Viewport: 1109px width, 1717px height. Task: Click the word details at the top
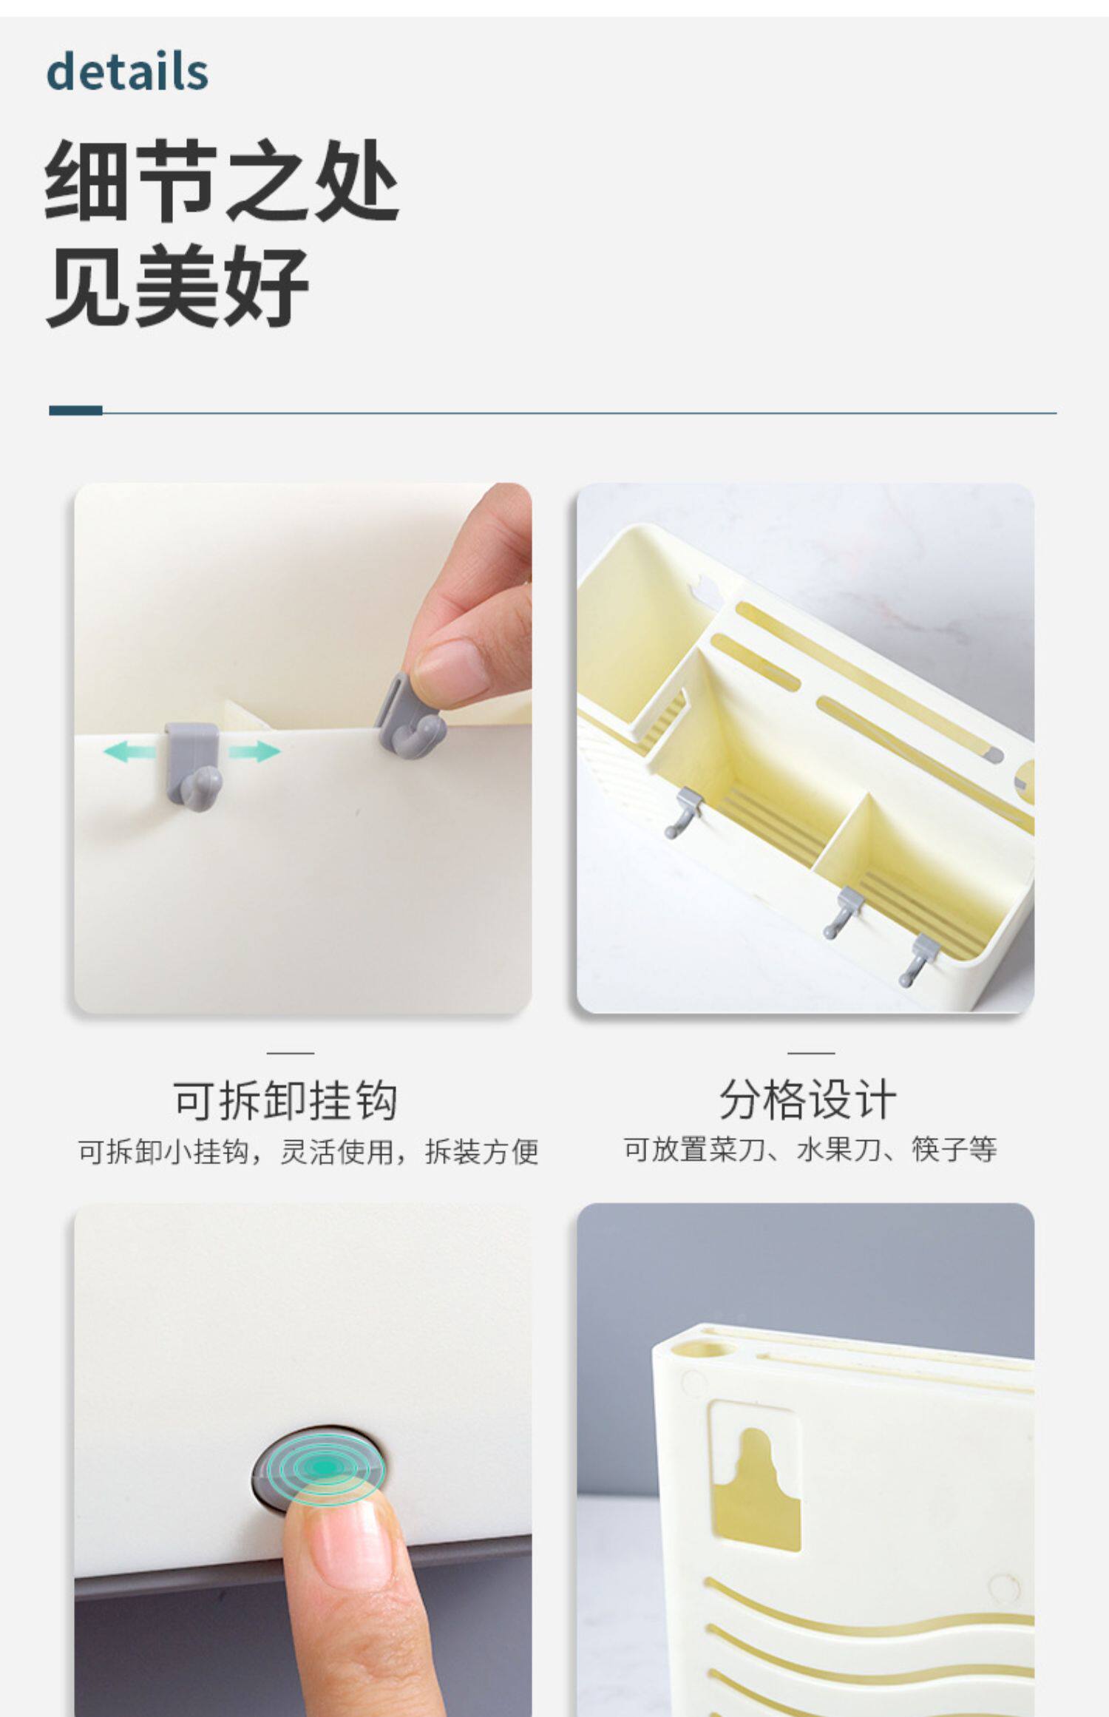pos(127,72)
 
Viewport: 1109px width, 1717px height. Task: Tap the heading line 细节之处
pos(222,181)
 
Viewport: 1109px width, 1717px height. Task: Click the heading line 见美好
pos(177,287)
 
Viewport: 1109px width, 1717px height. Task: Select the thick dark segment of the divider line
pos(75,410)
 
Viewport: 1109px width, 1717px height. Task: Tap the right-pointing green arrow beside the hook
pos(254,753)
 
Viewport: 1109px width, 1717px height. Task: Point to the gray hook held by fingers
pos(411,714)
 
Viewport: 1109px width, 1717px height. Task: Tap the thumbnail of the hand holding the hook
pos(302,748)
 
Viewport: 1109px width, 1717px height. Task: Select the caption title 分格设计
pos(807,1100)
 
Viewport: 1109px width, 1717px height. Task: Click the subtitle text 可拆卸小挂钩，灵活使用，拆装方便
pos(308,1152)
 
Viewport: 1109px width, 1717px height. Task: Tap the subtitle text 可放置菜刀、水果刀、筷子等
pos(810,1150)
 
